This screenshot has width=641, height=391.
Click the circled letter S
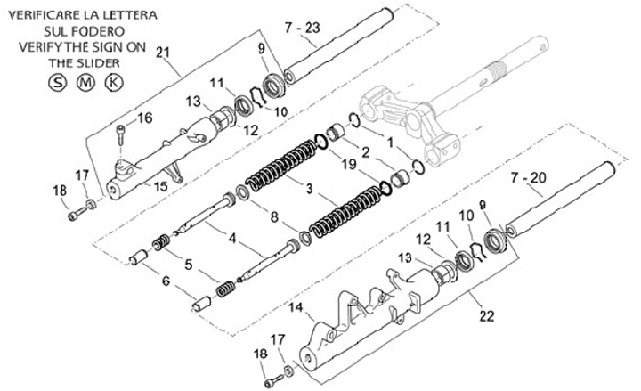tap(56, 83)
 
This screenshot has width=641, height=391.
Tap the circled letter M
tap(85, 83)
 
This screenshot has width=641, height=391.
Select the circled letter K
tap(114, 83)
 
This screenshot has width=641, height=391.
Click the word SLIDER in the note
tap(99, 63)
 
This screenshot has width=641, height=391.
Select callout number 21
tap(161, 54)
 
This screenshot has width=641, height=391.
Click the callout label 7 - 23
tap(302, 28)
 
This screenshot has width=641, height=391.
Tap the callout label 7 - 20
tap(528, 177)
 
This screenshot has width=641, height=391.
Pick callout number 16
tap(145, 118)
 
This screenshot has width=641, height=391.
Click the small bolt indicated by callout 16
tap(120, 135)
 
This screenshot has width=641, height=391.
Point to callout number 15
tap(161, 185)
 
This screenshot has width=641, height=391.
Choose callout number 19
tap(348, 165)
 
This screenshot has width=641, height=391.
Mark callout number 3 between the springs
tap(308, 190)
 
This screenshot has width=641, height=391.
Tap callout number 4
tap(232, 238)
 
